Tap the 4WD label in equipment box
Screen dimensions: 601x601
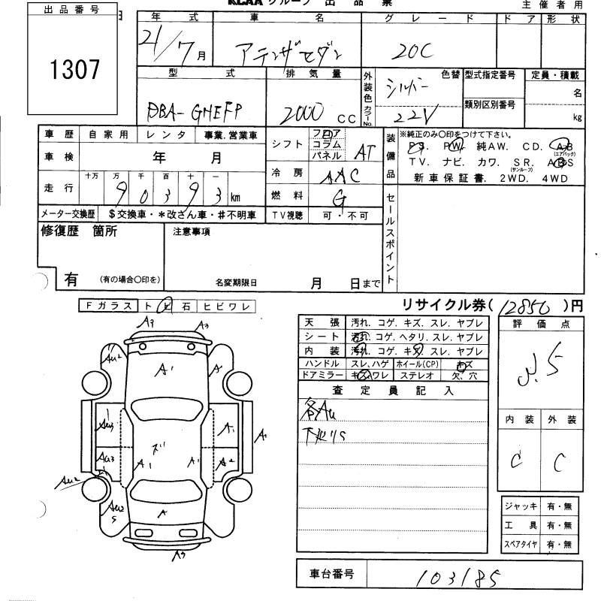553,178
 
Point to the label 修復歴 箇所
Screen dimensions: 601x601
79,232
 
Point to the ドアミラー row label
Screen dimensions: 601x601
322,374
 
